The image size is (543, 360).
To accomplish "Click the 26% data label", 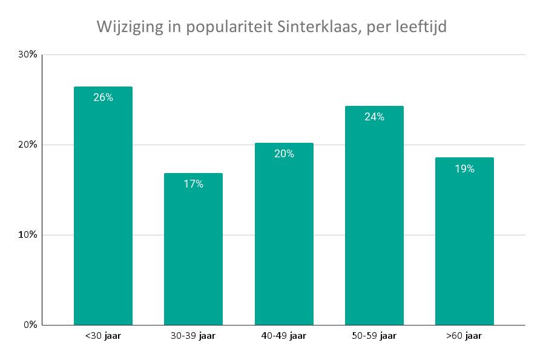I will pos(103,97).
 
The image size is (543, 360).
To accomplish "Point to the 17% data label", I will pos(193,184).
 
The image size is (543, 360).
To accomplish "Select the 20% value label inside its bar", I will pos(284,154).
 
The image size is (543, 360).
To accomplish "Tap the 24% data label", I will pos(374,117).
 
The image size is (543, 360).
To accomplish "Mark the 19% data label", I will pos(464,169).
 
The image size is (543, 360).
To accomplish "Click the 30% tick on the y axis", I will pos(28,54).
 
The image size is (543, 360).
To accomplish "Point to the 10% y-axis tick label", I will pos(28,235).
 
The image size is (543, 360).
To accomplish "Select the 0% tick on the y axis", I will pos(30,325).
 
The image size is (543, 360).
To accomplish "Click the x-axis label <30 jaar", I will pos(103,336).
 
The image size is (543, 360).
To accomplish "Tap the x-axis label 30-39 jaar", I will pos(193,336).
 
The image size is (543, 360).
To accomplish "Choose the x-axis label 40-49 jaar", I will pos(284,336).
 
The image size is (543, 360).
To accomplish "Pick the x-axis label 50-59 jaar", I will pos(374,336).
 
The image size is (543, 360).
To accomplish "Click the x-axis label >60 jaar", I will pos(464,336).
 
